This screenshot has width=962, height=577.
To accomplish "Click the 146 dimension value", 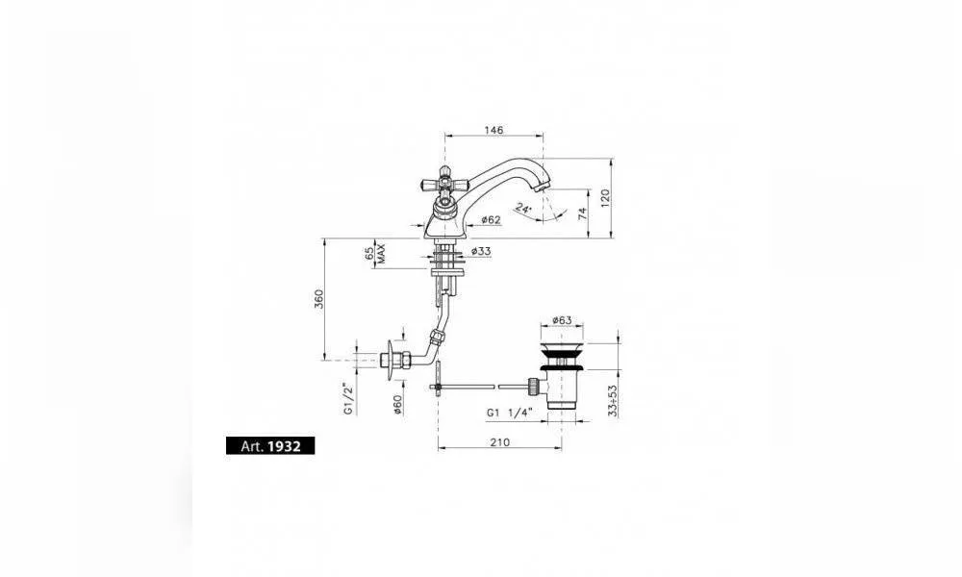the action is (494, 130).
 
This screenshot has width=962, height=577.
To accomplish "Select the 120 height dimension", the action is (605, 197).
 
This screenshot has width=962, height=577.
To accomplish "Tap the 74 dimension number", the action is (582, 213).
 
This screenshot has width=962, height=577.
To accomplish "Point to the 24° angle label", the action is (523, 209).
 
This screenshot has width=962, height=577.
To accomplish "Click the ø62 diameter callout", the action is (491, 219).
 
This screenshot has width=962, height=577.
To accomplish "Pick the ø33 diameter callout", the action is (482, 251).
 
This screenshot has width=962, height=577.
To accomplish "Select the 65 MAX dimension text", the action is (375, 254).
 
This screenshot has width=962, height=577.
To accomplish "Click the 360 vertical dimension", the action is (319, 299).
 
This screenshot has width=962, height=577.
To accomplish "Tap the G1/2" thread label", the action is (348, 399).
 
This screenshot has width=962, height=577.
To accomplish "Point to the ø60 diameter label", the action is (397, 404).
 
